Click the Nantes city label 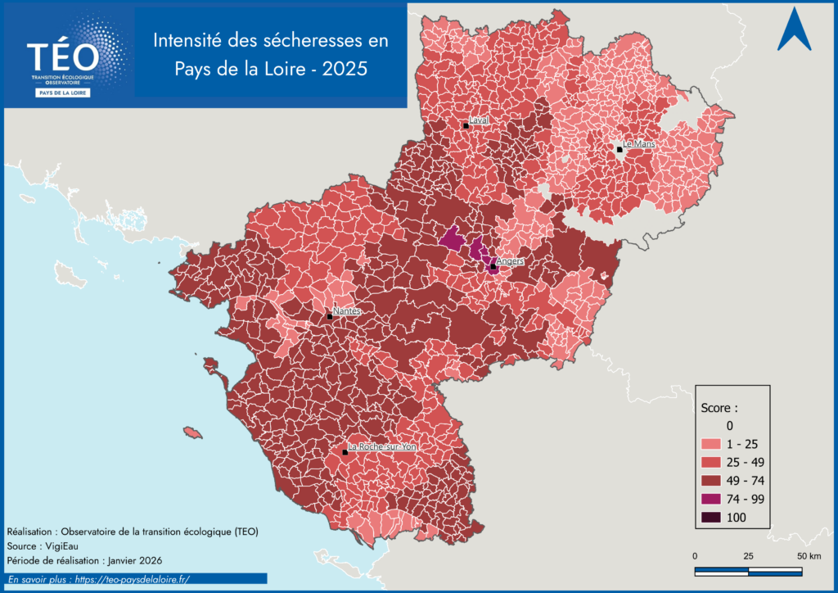[x=347, y=311]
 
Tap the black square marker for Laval [x=466, y=125]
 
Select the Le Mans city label [x=639, y=144]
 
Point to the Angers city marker [x=493, y=266]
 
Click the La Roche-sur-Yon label [x=381, y=447]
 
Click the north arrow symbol [x=794, y=30]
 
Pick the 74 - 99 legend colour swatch [x=711, y=499]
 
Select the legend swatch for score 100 [x=711, y=517]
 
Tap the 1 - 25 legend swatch [x=711, y=444]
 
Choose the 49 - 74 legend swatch [x=711, y=481]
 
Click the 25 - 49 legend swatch [x=711, y=462]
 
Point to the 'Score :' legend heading [x=720, y=406]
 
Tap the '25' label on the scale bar [x=748, y=556]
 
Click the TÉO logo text [x=63, y=57]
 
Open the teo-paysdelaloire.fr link [x=131, y=579]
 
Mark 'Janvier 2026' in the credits [x=133, y=560]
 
